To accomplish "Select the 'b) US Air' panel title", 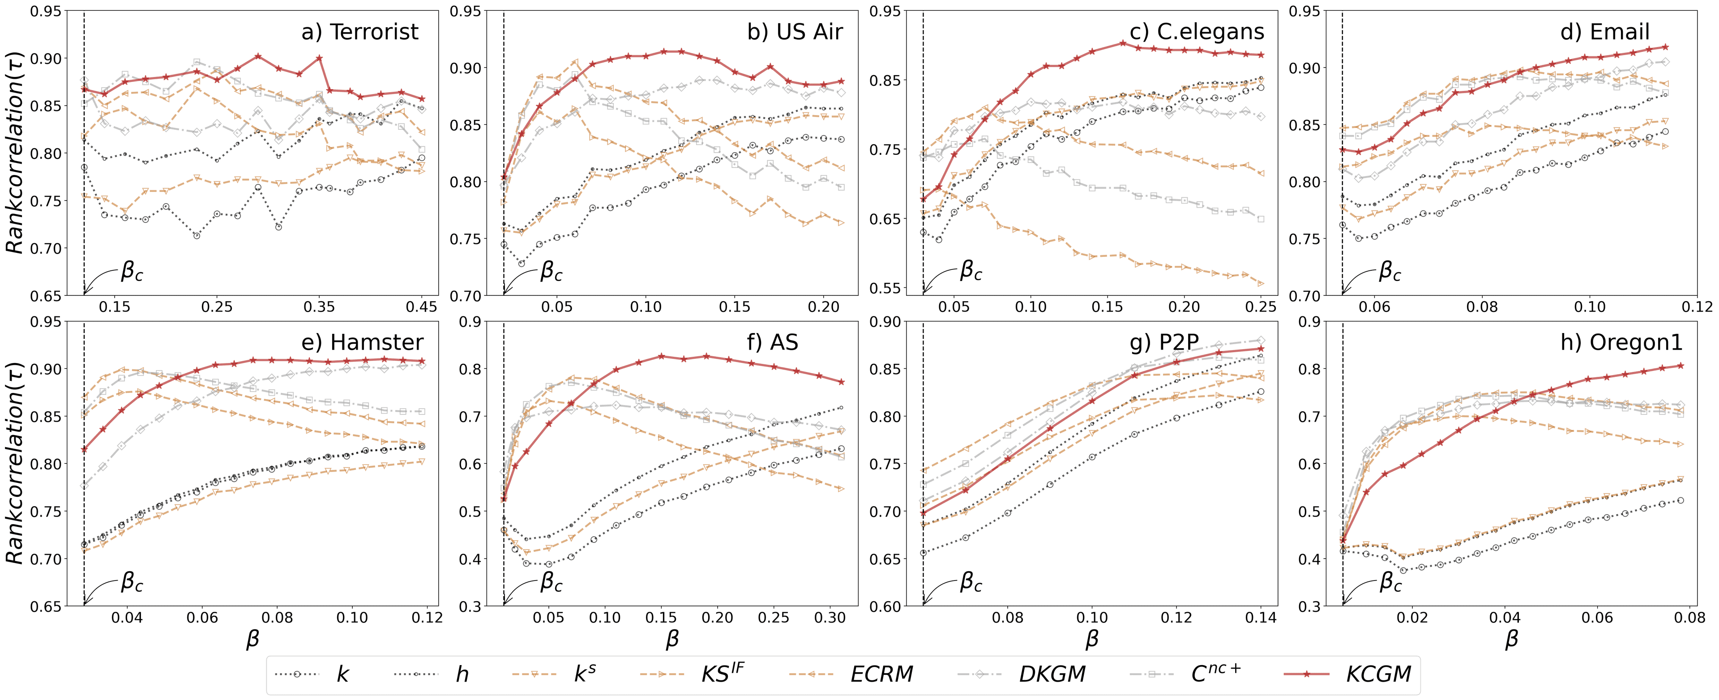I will click(x=795, y=32).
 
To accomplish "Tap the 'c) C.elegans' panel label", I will click(x=1197, y=32).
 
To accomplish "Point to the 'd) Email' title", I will click(x=1604, y=32).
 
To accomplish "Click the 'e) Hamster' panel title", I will click(x=362, y=342).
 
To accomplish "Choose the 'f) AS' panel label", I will click(x=773, y=342).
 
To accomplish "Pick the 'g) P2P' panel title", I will click(x=1164, y=342).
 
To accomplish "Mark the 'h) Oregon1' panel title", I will click(x=1621, y=342).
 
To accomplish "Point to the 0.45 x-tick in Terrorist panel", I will click(x=421, y=307).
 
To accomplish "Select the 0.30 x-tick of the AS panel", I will click(x=830, y=618).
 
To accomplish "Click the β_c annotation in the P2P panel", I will click(x=970, y=583).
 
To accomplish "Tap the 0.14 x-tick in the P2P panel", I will click(x=1261, y=618).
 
